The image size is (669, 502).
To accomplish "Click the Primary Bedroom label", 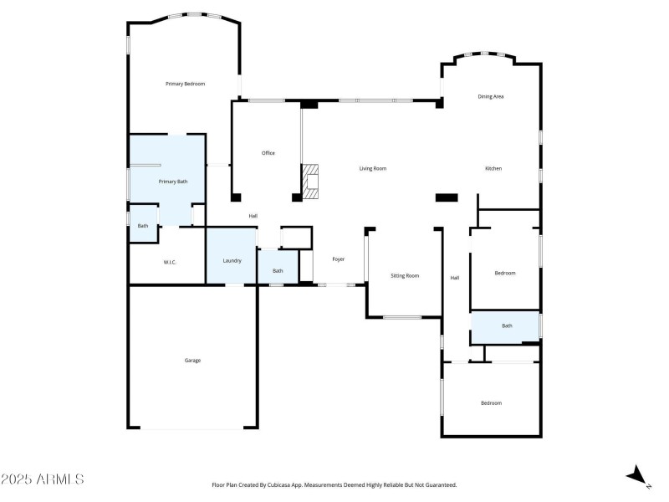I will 185,84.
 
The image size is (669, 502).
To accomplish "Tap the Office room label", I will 268,153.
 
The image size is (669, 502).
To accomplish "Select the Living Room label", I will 373,169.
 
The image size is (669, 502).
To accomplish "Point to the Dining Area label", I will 491,97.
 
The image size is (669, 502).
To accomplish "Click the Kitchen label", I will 493,169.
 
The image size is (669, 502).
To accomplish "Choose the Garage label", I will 192,361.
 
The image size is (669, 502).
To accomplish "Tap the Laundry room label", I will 232,261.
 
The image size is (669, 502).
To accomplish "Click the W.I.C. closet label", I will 170,263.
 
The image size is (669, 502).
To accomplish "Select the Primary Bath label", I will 173,182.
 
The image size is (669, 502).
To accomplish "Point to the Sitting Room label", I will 406,275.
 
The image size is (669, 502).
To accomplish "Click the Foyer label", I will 339,259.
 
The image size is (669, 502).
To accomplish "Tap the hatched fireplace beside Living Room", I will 311,181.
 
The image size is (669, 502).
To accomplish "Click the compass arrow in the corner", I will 638,475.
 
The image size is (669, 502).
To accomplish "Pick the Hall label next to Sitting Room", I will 456,278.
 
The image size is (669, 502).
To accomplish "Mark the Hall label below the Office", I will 253,217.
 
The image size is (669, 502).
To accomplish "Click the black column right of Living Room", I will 447,197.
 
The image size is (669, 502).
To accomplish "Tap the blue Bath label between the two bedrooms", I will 507,326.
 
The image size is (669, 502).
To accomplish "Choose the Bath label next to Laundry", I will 278,271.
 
